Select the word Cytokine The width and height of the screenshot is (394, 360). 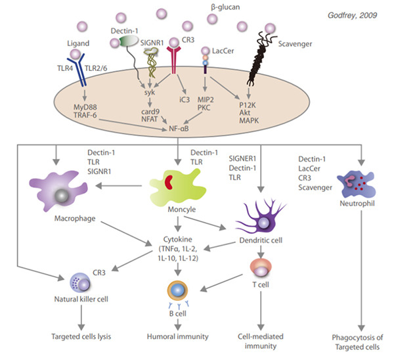point(179,240)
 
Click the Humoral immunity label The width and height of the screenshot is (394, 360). point(179,336)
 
